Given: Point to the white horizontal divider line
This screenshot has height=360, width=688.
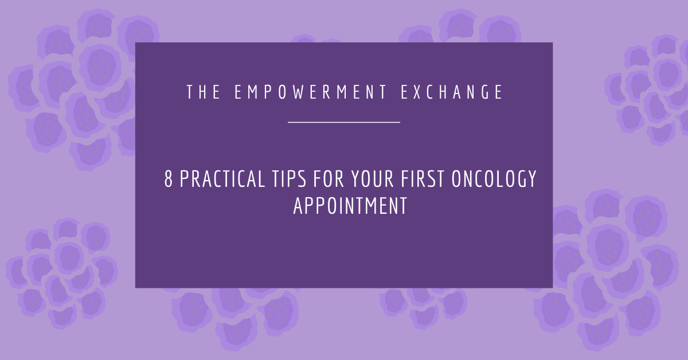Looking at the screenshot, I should coord(343,122).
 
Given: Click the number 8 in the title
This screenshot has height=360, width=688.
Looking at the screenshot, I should coord(169,180).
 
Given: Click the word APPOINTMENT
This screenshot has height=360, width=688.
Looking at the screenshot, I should coord(350,206).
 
